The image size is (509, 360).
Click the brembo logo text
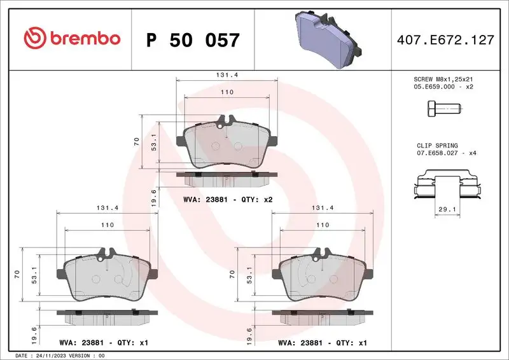pyautogui.click(x=71, y=38)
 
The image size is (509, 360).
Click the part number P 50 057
pyautogui.click(x=193, y=40)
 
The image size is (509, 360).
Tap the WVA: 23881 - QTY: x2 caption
pyautogui.click(x=228, y=200)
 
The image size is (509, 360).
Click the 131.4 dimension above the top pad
pyautogui.click(x=227, y=74)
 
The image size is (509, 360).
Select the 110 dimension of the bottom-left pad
pyautogui.click(x=108, y=225)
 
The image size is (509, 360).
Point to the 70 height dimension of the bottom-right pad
pyautogui.click(x=232, y=274)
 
